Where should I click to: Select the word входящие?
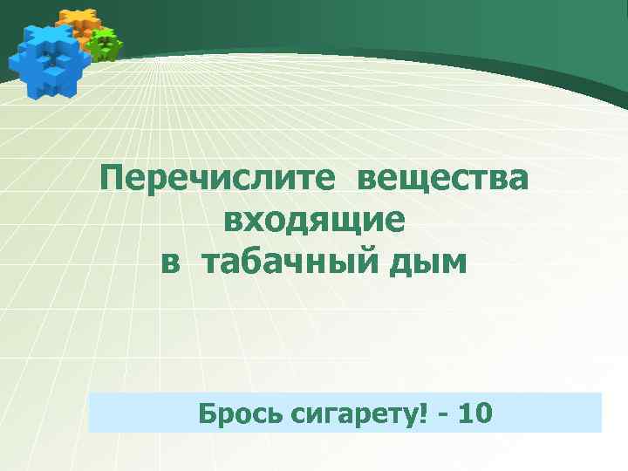tap(314, 221)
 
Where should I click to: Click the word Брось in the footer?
tap(231, 412)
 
